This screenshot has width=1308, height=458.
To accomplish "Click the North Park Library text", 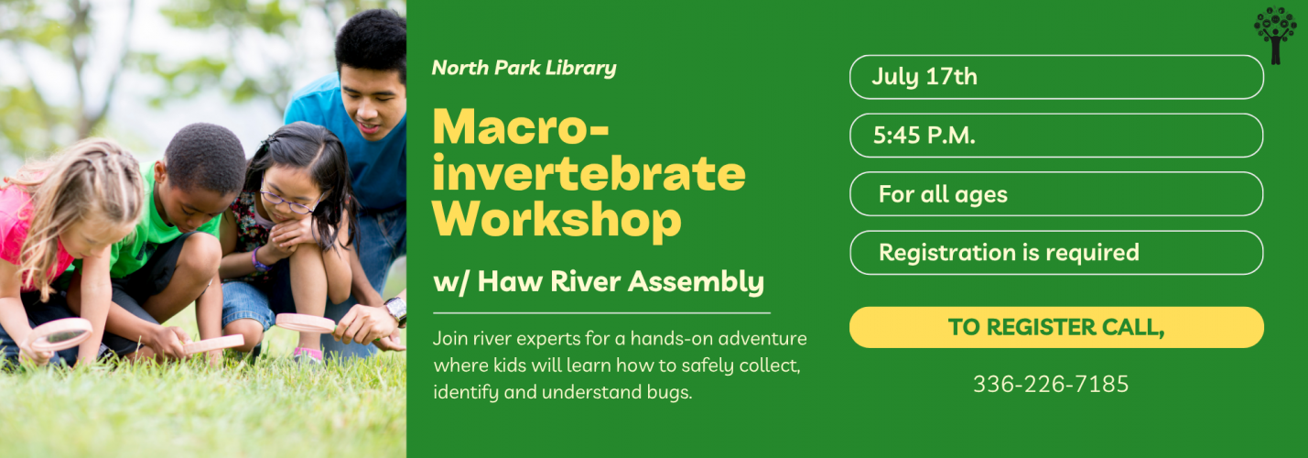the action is tap(524, 68).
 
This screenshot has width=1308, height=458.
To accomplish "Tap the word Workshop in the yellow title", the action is tap(557, 220).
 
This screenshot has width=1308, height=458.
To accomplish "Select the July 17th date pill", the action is tap(1056, 77).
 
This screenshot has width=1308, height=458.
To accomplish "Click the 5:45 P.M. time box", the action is tap(1056, 135).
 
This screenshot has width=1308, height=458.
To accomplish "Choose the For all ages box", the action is tap(1056, 194).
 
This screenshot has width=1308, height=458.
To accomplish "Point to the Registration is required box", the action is tap(1056, 253).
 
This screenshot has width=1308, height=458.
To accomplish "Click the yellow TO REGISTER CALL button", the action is tap(1056, 327).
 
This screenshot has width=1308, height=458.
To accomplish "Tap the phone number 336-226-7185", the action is tap(1051, 384).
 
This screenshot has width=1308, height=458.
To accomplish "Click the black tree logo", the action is tap(1275, 35).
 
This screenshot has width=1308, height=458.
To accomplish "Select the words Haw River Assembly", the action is tap(621, 281).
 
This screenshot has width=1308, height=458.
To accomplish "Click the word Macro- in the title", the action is tap(521, 126).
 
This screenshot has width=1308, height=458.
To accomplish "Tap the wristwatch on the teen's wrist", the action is tap(396, 310).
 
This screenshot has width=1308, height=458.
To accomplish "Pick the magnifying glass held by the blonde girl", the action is tap(60, 334).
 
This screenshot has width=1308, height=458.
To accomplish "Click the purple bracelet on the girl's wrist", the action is tap(257, 260).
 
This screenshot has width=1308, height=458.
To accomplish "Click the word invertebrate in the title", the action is tap(589, 173).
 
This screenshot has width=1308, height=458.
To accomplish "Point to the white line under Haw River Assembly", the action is tap(602, 313).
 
